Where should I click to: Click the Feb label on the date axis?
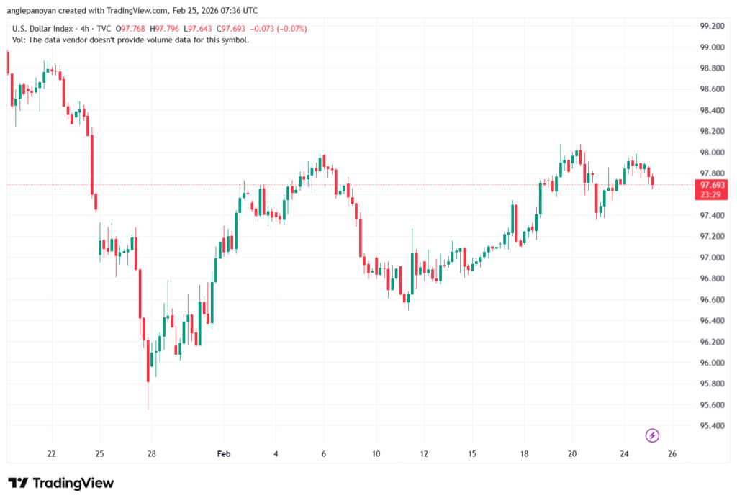click(224, 454)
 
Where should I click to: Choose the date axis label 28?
click(151, 454)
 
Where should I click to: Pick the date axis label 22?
click(52, 454)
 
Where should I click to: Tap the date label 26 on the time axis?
click(672, 454)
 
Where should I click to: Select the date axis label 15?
click(472, 454)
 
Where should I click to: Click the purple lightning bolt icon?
click(652, 435)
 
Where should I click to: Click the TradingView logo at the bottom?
click(60, 483)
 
